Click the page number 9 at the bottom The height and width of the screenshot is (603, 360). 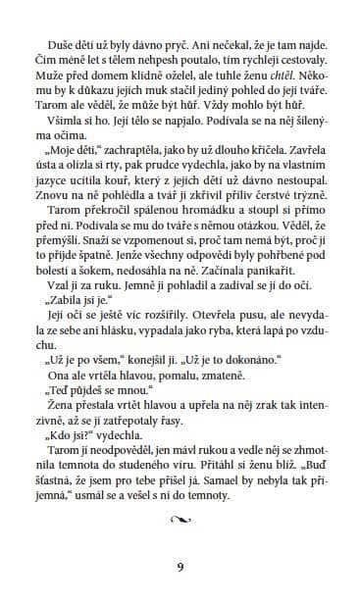(180, 567)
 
